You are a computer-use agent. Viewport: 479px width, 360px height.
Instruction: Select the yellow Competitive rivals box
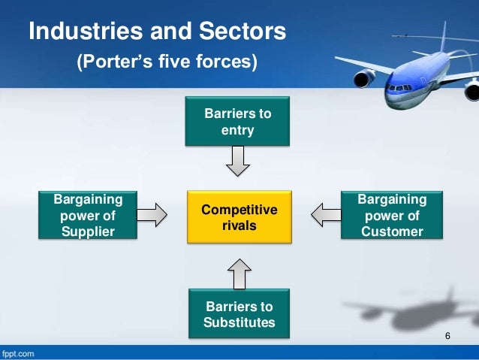238,215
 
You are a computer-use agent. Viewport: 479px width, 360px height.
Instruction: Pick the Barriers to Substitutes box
238,315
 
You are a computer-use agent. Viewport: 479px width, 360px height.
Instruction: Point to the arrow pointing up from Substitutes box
238,273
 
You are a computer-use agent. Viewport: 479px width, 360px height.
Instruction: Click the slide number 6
447,334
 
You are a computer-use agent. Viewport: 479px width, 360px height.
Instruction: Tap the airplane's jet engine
365,77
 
